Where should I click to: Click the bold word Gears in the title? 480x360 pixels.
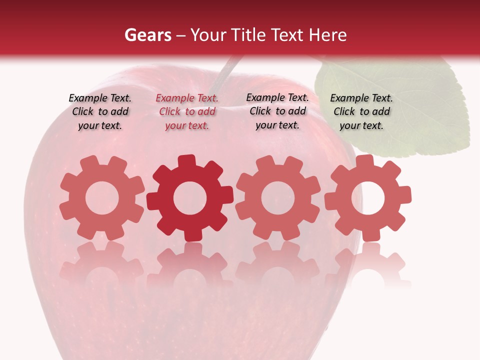147,35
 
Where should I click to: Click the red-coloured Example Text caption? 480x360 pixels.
187,112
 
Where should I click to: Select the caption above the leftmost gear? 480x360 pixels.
100,112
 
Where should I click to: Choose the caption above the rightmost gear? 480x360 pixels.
361,112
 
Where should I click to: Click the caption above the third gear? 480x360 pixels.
277,112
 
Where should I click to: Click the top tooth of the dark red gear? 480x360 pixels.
186,161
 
